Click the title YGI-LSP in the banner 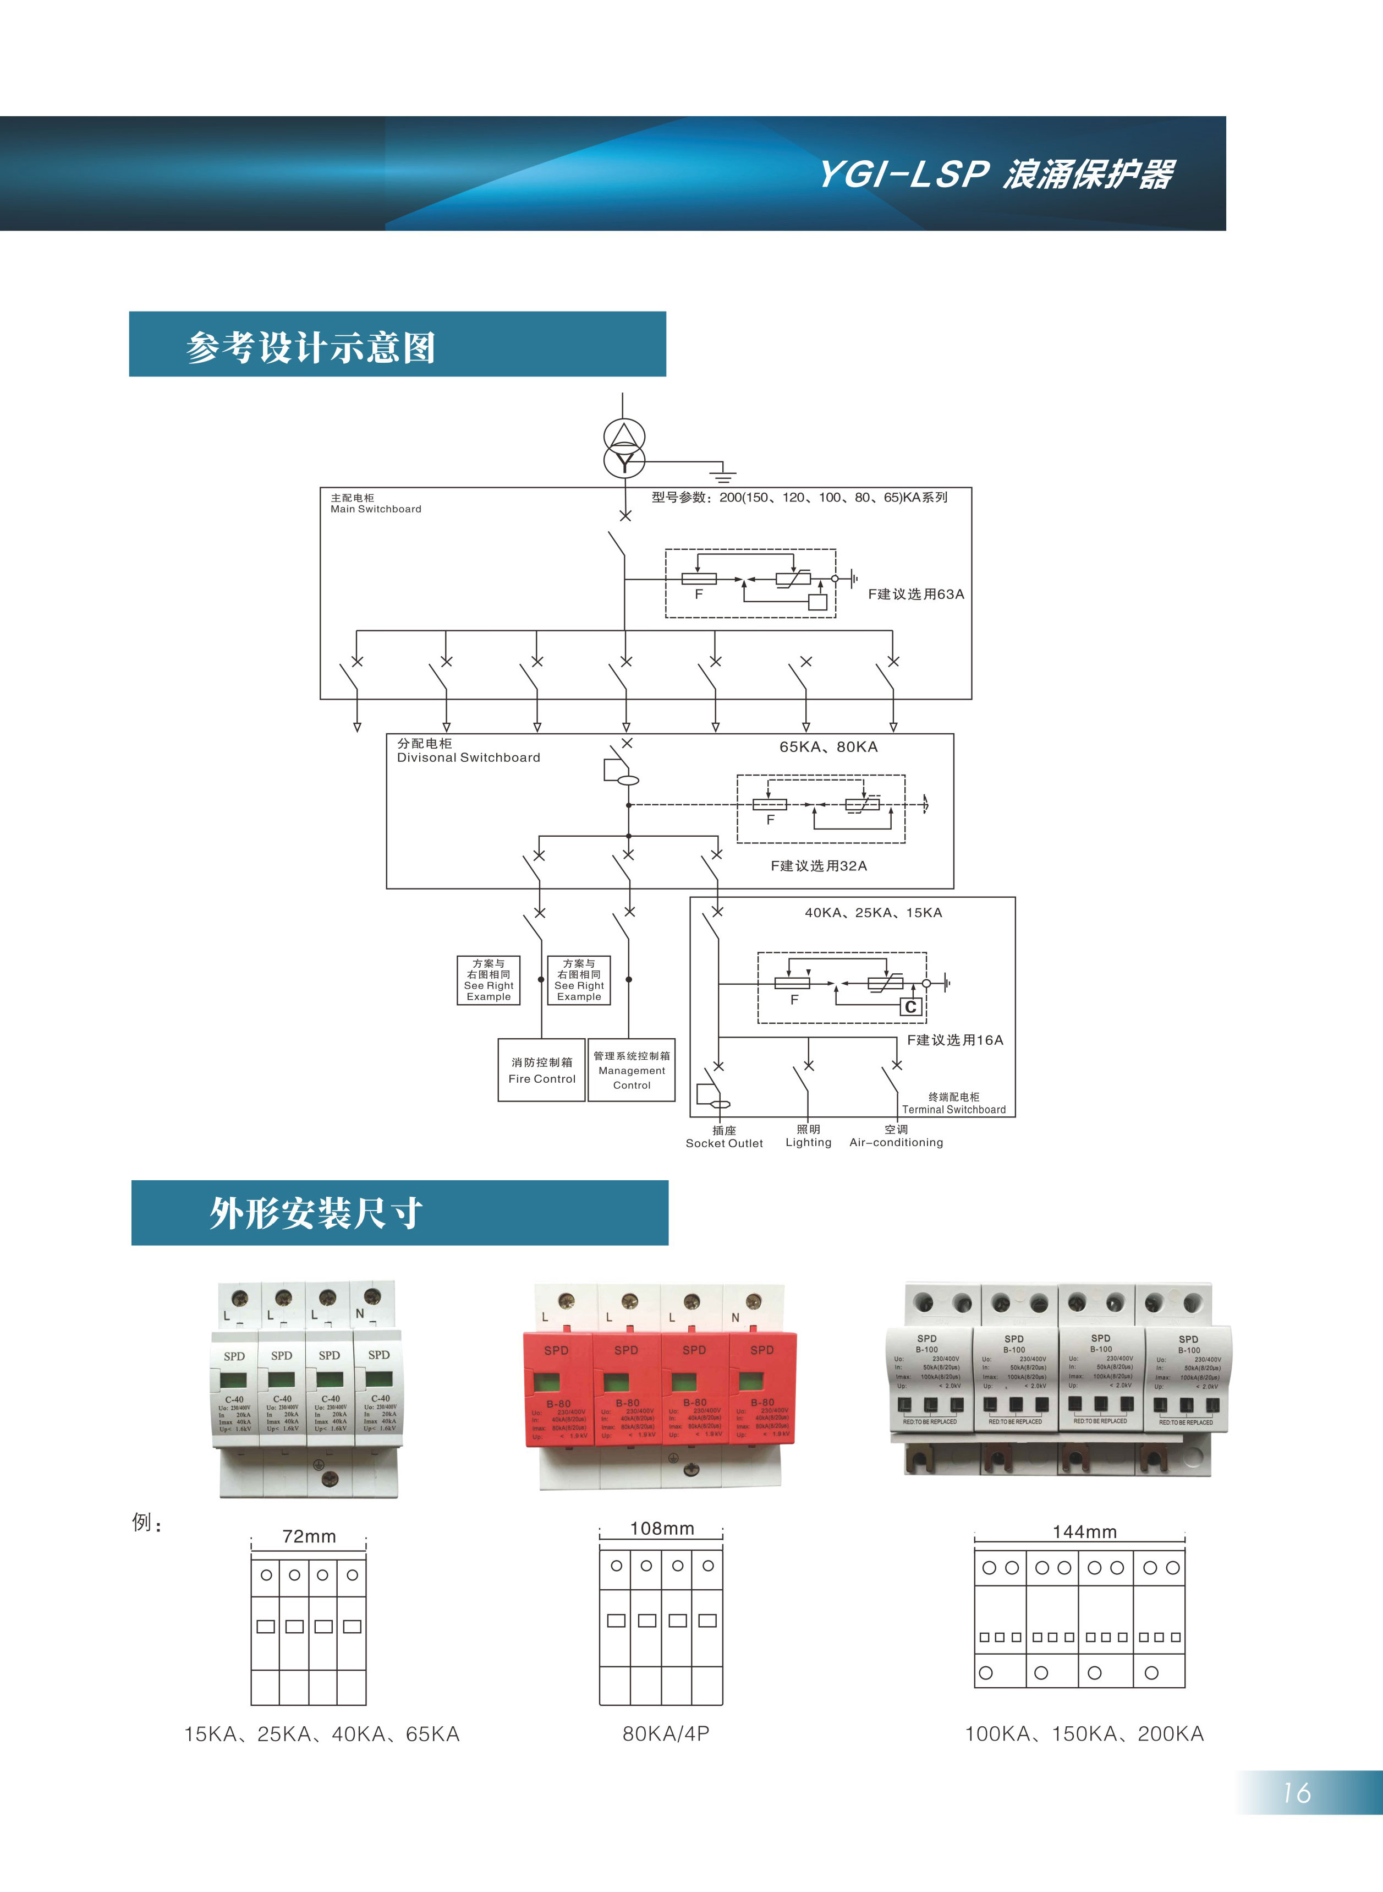tap(904, 174)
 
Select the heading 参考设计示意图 tap(311, 347)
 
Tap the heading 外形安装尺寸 tap(316, 1213)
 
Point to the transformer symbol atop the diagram tap(624, 448)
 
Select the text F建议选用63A tap(916, 594)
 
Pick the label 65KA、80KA tap(828, 746)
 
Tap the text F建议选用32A tap(819, 865)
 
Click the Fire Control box tap(542, 1070)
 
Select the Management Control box tap(631, 1070)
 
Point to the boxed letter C tap(911, 1007)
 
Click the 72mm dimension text tap(309, 1536)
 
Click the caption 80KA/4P tap(666, 1733)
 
